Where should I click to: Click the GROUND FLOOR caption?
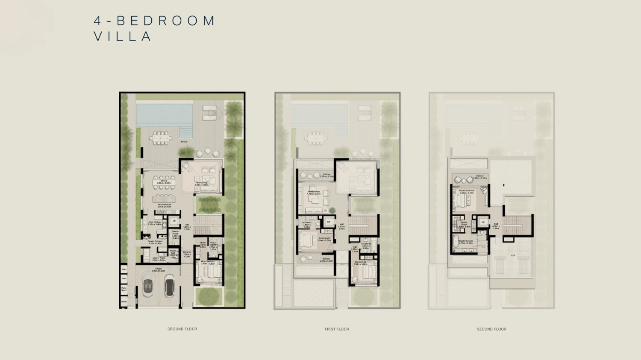182,329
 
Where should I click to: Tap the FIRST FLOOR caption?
337,329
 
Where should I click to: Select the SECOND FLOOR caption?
491,329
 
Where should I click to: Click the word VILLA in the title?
123,36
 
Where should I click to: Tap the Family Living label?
202,184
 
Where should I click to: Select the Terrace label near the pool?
184,142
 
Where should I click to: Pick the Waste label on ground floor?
124,302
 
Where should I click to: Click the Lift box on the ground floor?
174,221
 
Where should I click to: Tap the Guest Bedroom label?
208,262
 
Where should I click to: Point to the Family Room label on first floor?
313,193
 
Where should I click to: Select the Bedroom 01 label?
324,239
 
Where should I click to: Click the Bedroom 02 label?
360,263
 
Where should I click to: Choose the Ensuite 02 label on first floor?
366,245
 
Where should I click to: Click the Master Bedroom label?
467,192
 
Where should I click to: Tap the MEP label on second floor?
513,256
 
